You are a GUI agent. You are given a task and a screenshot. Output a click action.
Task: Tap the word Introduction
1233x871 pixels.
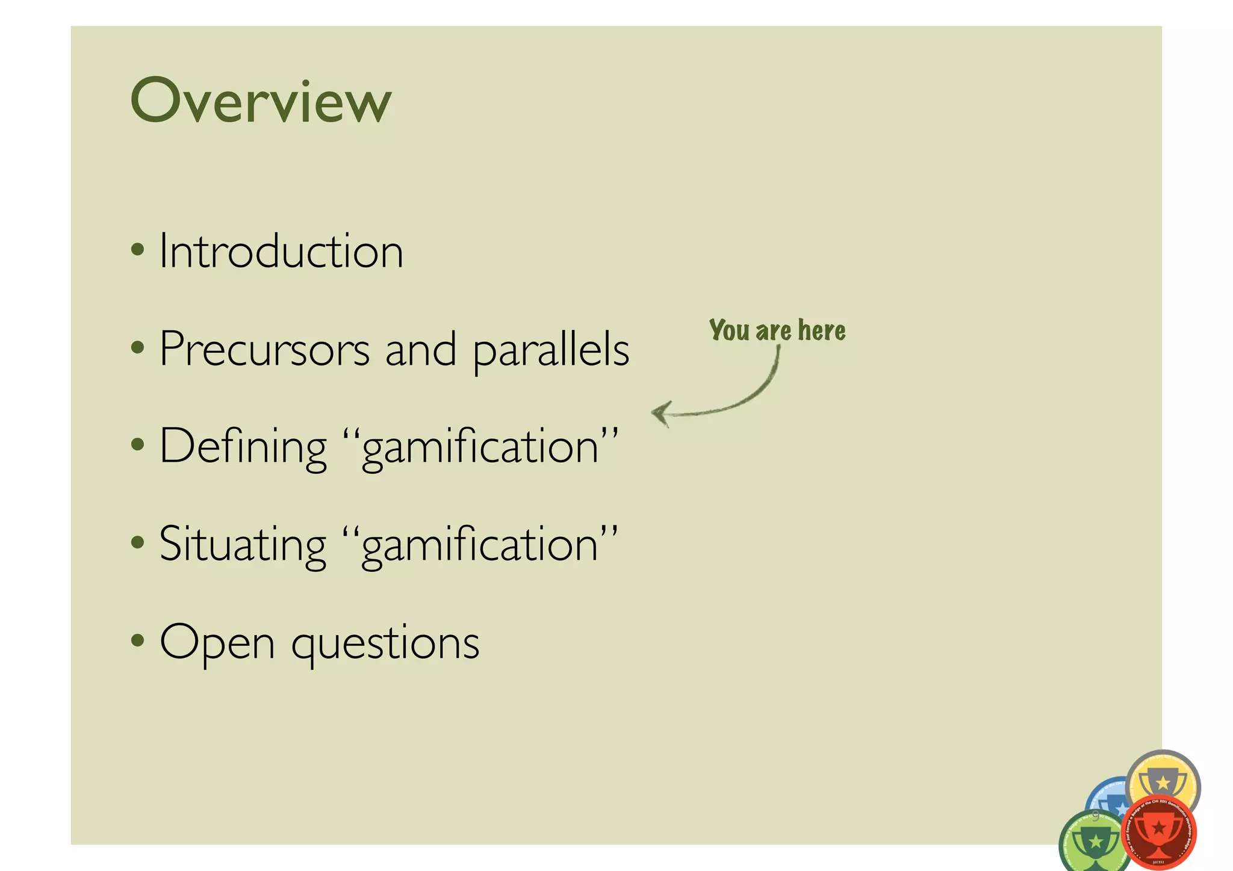point(281,251)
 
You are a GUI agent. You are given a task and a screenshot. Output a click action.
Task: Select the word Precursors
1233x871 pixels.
point(264,349)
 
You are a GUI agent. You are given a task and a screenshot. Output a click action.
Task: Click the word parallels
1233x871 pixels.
point(551,350)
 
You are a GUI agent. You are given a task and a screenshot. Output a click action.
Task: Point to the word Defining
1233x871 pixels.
point(243,447)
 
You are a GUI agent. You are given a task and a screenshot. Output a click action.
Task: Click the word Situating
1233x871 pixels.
point(243,545)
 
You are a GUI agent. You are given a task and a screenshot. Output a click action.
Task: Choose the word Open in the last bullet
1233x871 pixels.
point(217,643)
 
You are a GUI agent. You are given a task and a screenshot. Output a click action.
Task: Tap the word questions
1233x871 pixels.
point(385,644)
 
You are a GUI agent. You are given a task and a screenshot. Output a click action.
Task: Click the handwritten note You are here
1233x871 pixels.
point(777,330)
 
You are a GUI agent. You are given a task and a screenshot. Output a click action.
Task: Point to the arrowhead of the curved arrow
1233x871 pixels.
point(660,414)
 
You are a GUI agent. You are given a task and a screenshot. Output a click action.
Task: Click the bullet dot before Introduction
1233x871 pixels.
point(138,249)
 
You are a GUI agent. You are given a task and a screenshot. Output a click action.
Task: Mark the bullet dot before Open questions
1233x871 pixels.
point(138,640)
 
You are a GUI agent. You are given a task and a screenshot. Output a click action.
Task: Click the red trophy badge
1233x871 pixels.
point(1159,832)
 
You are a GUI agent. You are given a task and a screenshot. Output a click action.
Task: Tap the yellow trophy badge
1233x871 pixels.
point(1163,780)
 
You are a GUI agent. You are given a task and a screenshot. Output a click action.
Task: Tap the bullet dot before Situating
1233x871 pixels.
point(138,542)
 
